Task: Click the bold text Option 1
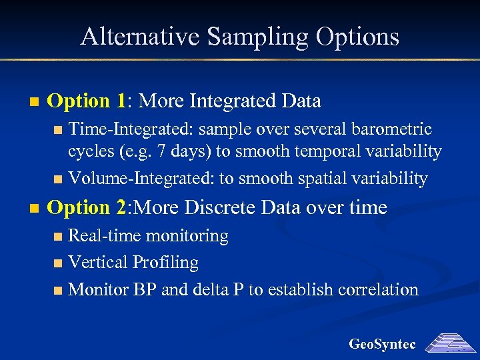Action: click(x=87, y=101)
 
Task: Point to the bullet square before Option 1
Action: click(x=34, y=103)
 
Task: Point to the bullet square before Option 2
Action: click(x=34, y=209)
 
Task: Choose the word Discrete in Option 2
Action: click(x=225, y=207)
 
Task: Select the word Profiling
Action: click(x=165, y=263)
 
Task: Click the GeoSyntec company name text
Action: click(x=382, y=345)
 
